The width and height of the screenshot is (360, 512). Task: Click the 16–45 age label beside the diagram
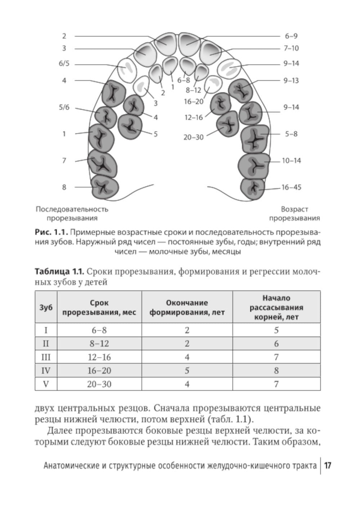click(291, 187)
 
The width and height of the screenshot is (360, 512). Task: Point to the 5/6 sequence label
click(64, 107)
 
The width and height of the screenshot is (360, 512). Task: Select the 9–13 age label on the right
click(291, 81)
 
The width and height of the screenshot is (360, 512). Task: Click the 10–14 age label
click(291, 161)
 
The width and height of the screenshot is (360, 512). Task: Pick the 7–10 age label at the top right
click(291, 48)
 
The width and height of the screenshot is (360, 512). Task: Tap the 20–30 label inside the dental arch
click(193, 137)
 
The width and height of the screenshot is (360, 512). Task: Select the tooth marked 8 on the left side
click(105, 186)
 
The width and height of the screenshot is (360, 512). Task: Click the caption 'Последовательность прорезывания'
click(72, 214)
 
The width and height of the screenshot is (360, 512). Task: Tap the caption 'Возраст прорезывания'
click(294, 214)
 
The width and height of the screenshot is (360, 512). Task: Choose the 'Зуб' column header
click(46, 308)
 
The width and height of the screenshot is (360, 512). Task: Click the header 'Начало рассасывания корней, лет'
click(276, 308)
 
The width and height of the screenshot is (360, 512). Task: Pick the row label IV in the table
click(46, 371)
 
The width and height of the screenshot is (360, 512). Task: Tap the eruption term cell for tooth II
click(99, 344)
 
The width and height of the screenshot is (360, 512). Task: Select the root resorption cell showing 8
click(276, 371)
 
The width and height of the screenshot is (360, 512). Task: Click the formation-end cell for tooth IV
click(187, 371)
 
